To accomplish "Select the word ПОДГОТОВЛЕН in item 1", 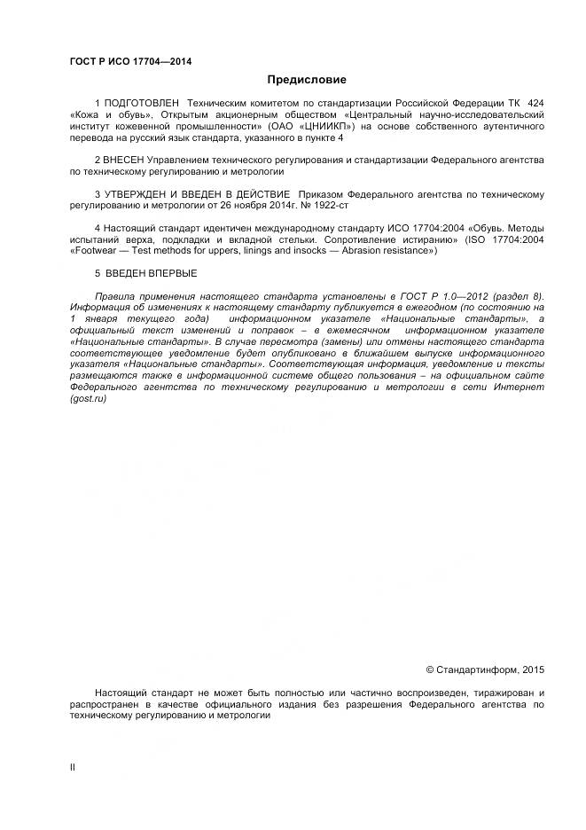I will coord(140,105).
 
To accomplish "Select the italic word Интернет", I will coord(522,388).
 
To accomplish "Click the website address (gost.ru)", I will coord(88,399).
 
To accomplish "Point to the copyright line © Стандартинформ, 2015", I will coord(486,669).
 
